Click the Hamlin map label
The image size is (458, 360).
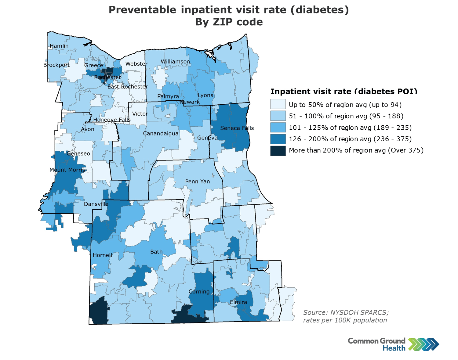coord(59,46)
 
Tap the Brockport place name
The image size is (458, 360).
coord(56,65)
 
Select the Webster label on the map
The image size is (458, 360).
coord(136,64)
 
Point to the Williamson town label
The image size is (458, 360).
coord(175,62)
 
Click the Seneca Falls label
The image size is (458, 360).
coord(237,128)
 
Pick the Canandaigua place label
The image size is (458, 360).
coord(161,133)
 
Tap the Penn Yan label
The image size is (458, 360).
coord(198,182)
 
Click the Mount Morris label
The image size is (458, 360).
coord(67,170)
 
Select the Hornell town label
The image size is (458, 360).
coord(103,255)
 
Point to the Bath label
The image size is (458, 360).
coord(156,252)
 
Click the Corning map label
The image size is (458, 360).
coord(199,292)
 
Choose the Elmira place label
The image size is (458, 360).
coord(238,302)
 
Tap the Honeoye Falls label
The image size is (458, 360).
coord(112,120)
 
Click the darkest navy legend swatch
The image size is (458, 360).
coord(278,151)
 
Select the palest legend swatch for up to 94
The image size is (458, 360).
coord(278,104)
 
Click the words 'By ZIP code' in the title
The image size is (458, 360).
coord(229,22)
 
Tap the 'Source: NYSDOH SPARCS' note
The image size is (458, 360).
coord(346,312)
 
